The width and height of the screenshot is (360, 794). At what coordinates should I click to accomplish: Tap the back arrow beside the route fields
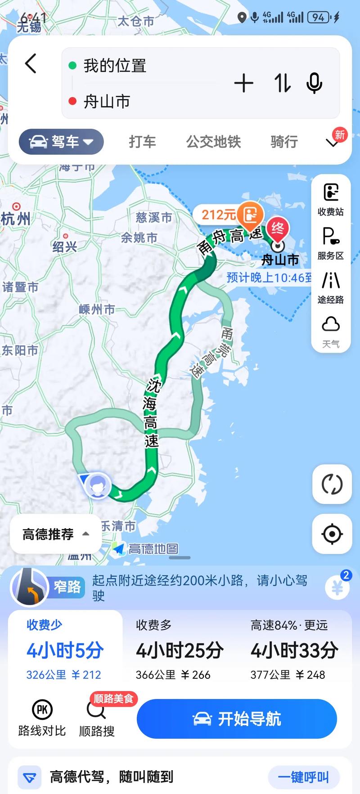[31, 63]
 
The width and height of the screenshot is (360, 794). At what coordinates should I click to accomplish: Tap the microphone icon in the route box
[314, 83]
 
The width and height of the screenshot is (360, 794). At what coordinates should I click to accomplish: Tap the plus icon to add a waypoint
[243, 83]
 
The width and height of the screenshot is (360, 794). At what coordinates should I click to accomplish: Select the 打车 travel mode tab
[142, 142]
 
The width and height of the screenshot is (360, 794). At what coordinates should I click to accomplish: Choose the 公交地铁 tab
[213, 142]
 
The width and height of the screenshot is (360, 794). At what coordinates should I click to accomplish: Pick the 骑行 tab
[284, 142]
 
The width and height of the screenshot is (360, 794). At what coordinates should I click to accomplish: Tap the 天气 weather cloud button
[331, 331]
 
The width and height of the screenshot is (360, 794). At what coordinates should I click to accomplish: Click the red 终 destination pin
[278, 229]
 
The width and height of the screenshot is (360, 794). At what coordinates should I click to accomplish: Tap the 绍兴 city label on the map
[65, 246]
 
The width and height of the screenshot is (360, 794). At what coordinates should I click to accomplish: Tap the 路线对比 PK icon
[42, 718]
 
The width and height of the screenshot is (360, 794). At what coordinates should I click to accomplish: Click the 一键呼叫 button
[303, 777]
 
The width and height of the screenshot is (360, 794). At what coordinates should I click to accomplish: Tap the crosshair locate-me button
[332, 534]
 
